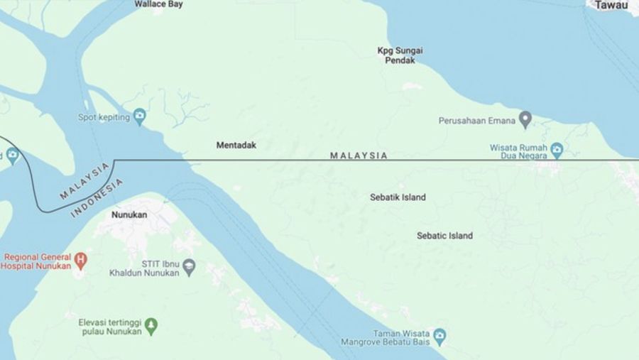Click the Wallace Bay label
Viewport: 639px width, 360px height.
pyautogui.click(x=158, y=4)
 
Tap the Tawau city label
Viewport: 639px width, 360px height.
pyautogui.click(x=611, y=6)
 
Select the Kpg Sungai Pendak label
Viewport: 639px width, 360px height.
pyautogui.click(x=395, y=55)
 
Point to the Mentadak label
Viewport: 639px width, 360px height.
pyautogui.click(x=236, y=145)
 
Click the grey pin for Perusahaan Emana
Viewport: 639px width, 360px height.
pyautogui.click(x=525, y=119)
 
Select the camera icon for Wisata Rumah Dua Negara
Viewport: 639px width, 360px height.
pyautogui.click(x=557, y=150)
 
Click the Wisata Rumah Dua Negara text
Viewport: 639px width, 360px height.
pyautogui.click(x=520, y=153)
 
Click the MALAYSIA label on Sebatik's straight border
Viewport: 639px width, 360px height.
pyautogui.click(x=359, y=156)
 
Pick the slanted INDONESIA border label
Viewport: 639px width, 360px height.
pyautogui.click(x=97, y=198)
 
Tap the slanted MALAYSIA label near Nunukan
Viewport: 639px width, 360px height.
pyautogui.click(x=85, y=180)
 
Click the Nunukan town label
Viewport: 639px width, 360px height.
pyautogui.click(x=129, y=213)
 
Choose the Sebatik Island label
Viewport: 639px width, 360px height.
pyautogui.click(x=398, y=197)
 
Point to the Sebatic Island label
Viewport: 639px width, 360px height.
pyautogui.click(x=444, y=236)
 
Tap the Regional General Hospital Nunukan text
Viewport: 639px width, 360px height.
pyautogui.click(x=36, y=261)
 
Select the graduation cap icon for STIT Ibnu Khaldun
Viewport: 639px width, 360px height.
pyautogui.click(x=189, y=267)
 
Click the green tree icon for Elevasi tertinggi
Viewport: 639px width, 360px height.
pyautogui.click(x=151, y=326)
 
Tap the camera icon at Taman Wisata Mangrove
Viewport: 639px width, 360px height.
pyautogui.click(x=440, y=334)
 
